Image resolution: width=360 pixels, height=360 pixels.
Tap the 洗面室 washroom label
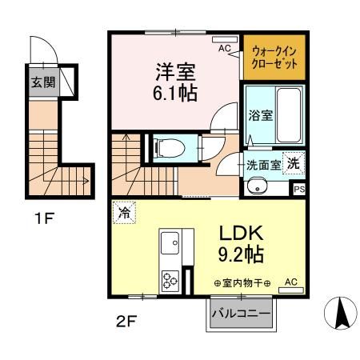pos(263,165)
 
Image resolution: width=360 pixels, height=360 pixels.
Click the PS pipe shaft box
pos(299,189)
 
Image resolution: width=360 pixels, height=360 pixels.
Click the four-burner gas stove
pos(171,282)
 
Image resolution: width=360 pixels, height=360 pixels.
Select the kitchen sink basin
pos(171,242)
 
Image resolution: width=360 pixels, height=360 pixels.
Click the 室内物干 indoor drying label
pos(242,283)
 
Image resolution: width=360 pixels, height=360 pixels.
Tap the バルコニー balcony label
pos(241,313)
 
